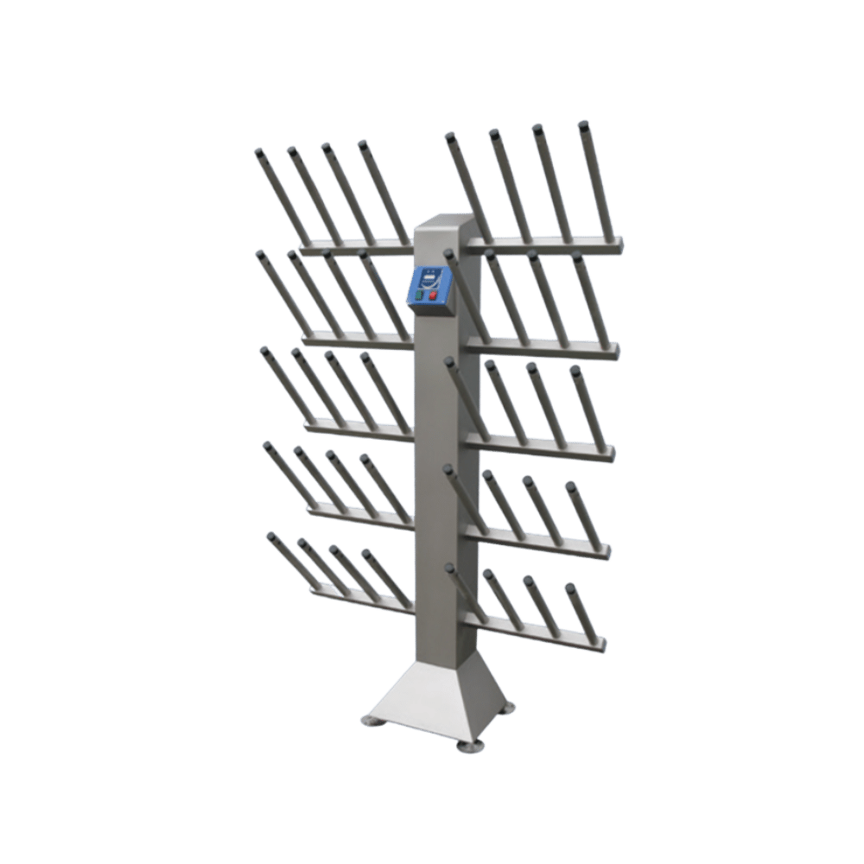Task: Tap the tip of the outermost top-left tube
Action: click(x=257, y=152)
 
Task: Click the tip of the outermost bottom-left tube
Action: click(x=271, y=536)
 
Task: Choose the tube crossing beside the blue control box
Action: click(x=459, y=285)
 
